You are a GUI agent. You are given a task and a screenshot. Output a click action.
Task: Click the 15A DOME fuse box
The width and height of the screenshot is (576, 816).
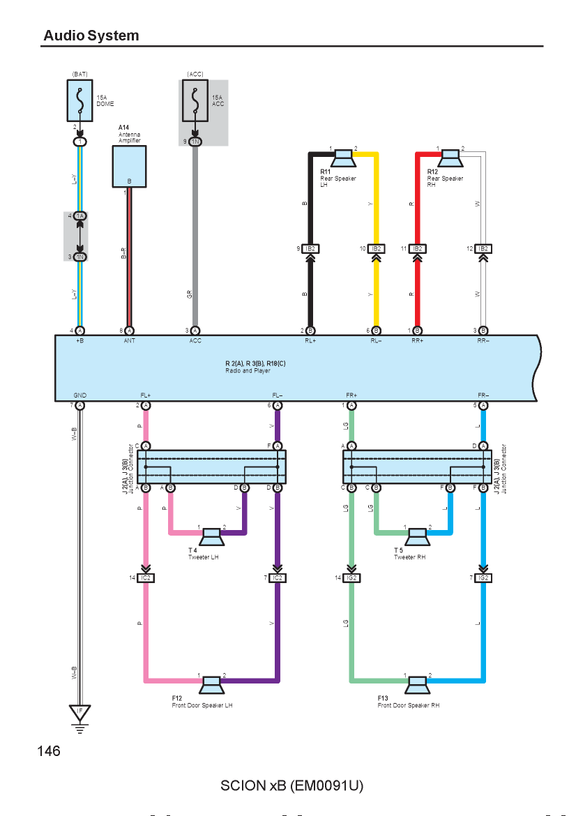[79, 100]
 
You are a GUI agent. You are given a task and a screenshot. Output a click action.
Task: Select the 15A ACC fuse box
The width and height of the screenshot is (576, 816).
[195, 100]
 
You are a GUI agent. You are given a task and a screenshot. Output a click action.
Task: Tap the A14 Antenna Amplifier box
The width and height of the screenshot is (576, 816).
[129, 166]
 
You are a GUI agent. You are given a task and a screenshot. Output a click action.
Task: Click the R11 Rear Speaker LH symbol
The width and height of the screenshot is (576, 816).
[343, 158]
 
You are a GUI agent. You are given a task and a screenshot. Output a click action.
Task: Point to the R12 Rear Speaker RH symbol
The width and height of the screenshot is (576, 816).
[450, 158]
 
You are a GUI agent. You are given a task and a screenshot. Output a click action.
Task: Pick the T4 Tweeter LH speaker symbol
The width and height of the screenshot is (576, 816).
[212, 536]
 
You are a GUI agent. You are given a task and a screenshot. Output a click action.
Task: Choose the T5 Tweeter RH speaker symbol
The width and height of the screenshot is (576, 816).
[417, 536]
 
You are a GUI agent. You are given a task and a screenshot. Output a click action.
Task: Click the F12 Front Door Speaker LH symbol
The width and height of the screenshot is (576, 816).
[212, 685]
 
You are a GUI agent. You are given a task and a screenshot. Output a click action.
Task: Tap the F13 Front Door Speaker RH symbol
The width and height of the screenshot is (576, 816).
[417, 685]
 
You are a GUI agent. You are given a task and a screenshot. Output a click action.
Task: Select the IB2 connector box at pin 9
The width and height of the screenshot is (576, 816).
[310, 249]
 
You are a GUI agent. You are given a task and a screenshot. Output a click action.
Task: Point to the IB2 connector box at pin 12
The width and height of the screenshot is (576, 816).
[483, 249]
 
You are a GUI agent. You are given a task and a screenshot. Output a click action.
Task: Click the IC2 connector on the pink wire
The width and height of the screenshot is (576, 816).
[146, 577]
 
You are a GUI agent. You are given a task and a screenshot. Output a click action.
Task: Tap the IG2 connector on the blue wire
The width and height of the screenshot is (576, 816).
[483, 577]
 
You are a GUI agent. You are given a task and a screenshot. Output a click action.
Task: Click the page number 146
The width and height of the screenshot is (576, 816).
[49, 751]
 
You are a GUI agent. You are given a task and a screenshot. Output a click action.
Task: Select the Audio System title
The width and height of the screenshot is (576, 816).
[91, 36]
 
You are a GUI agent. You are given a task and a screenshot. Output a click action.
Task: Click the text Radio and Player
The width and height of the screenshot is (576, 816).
[248, 371]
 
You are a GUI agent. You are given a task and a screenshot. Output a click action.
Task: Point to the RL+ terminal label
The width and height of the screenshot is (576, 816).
[310, 341]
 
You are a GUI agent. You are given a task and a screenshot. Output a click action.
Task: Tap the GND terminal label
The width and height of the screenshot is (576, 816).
[79, 395]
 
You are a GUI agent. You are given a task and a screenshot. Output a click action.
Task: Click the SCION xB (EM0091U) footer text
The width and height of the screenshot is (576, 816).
[292, 785]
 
